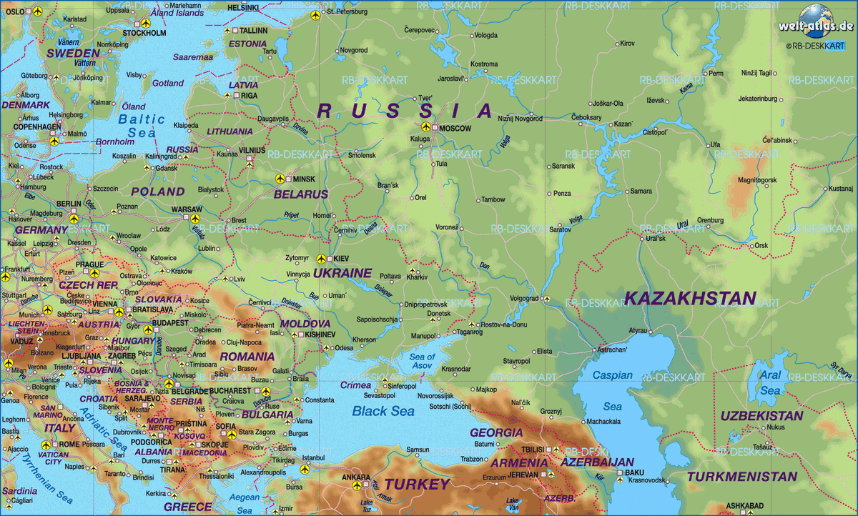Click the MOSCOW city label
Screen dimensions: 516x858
click(x=455, y=129)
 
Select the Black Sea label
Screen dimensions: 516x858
click(x=383, y=411)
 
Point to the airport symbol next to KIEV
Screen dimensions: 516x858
click(x=321, y=259)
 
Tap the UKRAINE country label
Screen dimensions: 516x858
click(x=342, y=273)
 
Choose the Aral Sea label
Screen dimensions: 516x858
click(x=770, y=383)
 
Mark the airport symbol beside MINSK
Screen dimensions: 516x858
click(x=280, y=179)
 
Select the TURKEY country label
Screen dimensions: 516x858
click(x=418, y=485)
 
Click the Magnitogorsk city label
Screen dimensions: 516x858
click(x=756, y=180)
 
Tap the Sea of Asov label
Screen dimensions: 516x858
click(x=422, y=361)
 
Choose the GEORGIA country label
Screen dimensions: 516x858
click(x=496, y=432)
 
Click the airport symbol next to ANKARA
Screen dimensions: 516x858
click(x=357, y=485)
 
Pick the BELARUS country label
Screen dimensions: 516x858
click(x=301, y=194)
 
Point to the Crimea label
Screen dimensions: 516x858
click(x=355, y=385)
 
